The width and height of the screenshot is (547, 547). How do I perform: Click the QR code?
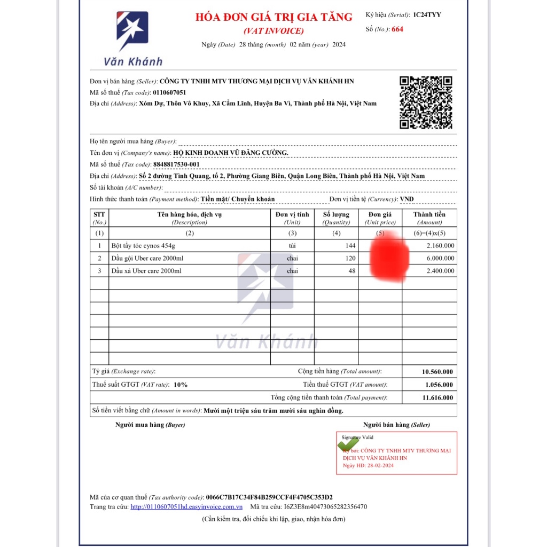(x=426, y=103)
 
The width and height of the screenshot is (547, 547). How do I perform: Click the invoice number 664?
(x=397, y=29)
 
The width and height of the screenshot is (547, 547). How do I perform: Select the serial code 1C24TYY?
(x=427, y=14)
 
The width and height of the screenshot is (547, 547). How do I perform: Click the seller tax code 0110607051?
(x=169, y=92)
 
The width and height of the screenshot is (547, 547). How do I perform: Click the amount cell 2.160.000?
(x=441, y=246)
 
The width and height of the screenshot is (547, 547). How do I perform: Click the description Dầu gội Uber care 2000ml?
(x=147, y=259)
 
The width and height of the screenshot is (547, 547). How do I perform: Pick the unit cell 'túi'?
(x=292, y=246)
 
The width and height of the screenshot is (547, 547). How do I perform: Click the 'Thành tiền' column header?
(x=429, y=215)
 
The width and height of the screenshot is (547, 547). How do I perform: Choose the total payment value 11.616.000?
(x=437, y=397)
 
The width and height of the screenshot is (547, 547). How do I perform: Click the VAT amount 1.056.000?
(x=439, y=385)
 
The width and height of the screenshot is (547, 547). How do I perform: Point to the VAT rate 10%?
(x=181, y=385)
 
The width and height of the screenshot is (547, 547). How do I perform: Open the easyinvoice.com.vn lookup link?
(x=186, y=507)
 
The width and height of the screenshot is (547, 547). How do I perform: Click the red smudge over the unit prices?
(x=389, y=257)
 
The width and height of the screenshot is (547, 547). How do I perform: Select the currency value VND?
(x=407, y=199)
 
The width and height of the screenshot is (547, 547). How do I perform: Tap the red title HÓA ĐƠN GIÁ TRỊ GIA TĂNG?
(x=274, y=17)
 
